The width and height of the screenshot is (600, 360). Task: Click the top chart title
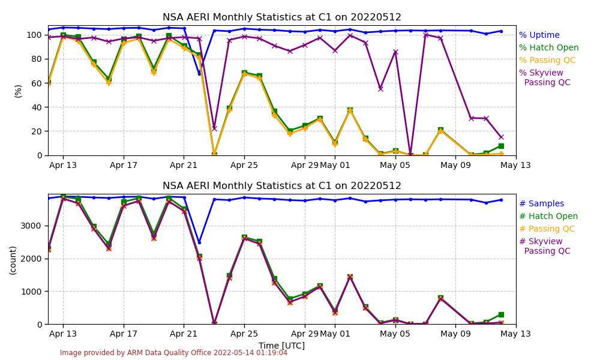tap(282, 17)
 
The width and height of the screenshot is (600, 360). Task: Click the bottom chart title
tap(282, 186)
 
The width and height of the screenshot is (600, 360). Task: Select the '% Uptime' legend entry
tap(539, 35)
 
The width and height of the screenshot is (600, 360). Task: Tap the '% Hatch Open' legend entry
tap(548, 48)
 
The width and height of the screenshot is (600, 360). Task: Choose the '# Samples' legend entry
tap(541, 204)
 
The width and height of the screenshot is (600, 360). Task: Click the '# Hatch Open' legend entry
tap(548, 217)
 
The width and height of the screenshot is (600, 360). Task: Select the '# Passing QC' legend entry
tap(547, 229)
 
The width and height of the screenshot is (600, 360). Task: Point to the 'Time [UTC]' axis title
tap(282, 346)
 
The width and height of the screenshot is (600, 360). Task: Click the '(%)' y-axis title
tap(18, 91)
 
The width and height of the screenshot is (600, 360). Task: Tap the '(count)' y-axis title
tap(13, 260)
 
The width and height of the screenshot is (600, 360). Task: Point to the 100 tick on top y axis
tap(35, 35)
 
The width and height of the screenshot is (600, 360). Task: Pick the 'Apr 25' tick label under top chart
tap(244, 165)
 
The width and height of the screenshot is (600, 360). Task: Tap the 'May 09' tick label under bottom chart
tap(455, 334)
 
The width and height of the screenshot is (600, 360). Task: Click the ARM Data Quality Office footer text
tap(173, 353)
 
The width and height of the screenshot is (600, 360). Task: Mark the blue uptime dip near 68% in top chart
tap(199, 73)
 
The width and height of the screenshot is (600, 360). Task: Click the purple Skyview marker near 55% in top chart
tap(380, 89)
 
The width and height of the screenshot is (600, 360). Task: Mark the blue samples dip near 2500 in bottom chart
tap(199, 242)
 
